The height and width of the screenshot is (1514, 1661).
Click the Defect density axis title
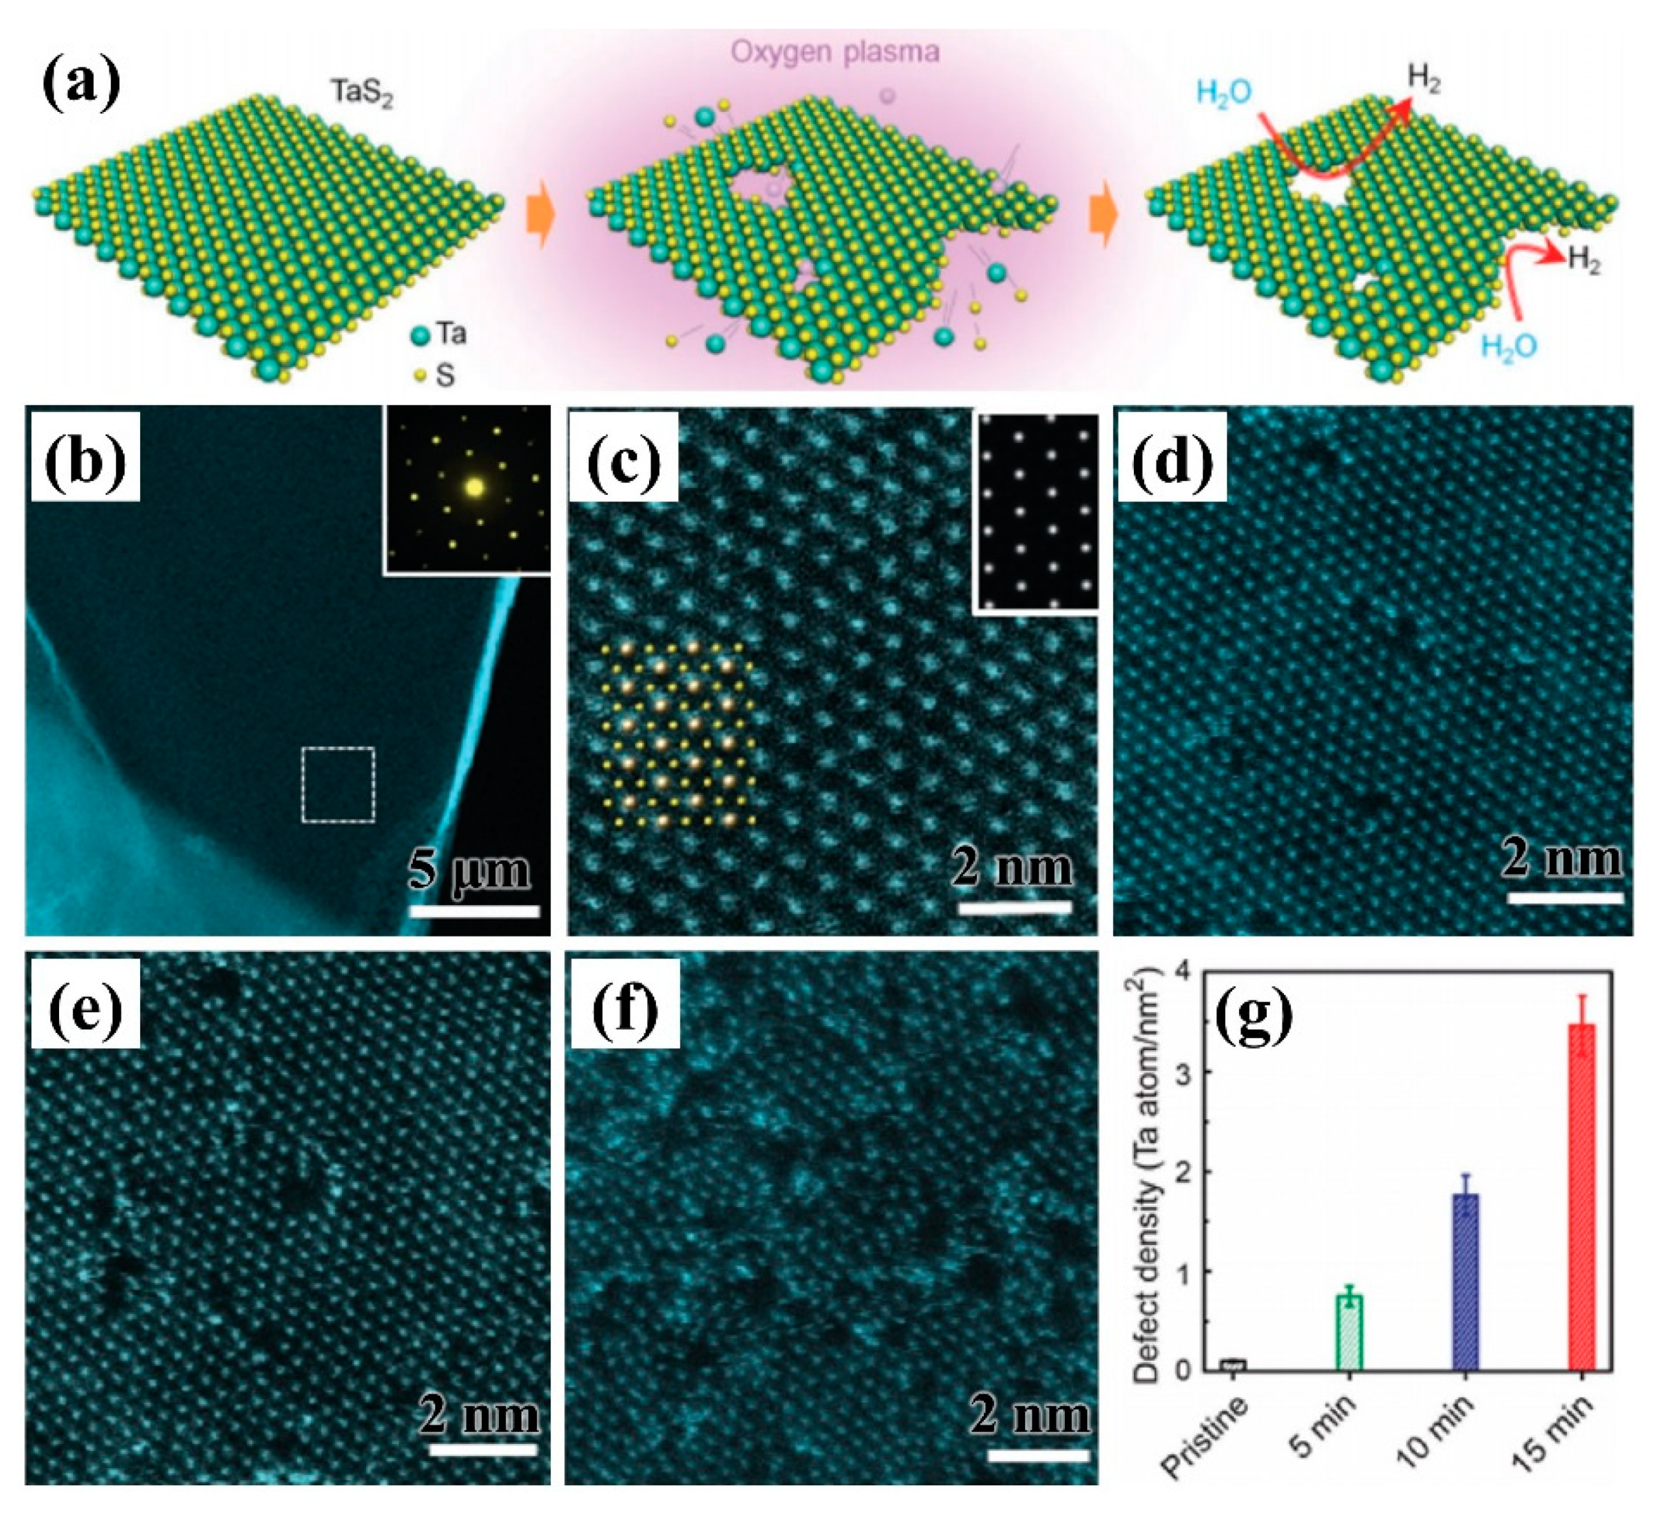(x=1146, y=1174)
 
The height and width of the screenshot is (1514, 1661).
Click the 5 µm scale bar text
(x=469, y=870)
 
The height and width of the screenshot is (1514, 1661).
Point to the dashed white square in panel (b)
(x=338, y=784)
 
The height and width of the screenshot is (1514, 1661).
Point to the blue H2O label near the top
(x=1224, y=92)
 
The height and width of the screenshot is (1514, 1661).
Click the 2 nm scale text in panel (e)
(x=479, y=1415)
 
